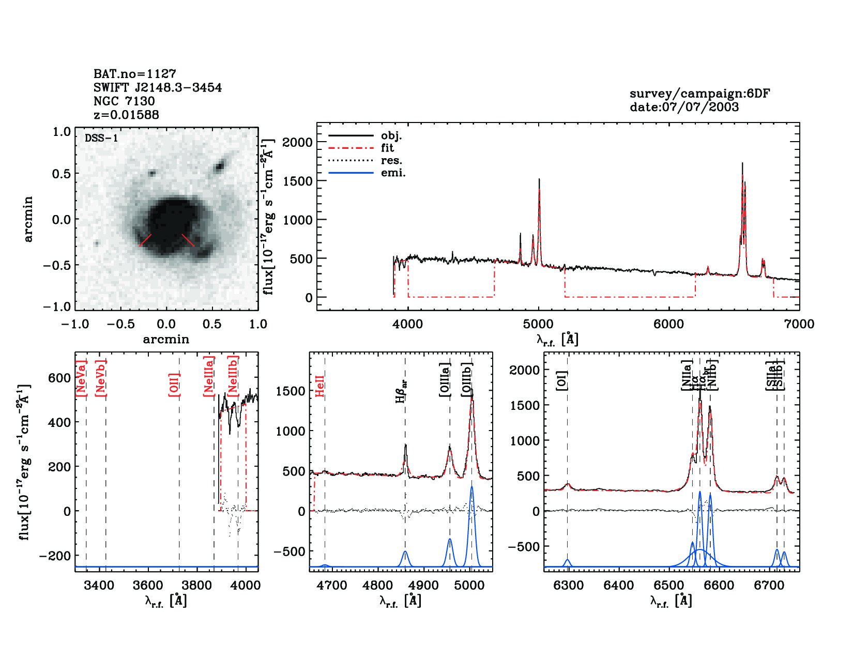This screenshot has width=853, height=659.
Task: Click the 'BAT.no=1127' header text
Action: tap(134, 74)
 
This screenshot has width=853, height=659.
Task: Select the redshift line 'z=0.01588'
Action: tap(126, 115)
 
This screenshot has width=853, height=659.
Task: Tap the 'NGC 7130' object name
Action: tap(124, 101)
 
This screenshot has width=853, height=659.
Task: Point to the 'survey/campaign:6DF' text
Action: tap(699, 94)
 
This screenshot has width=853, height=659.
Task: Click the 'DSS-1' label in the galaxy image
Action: tap(101, 138)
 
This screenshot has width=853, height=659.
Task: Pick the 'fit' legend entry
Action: tap(387, 148)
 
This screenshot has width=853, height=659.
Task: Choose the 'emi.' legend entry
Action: tap(393, 173)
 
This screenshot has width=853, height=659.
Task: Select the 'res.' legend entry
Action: tap(391, 160)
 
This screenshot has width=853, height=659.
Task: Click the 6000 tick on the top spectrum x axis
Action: tap(668, 324)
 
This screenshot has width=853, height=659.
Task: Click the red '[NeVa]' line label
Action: tap(81, 378)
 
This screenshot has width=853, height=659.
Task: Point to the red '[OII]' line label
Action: tap(174, 385)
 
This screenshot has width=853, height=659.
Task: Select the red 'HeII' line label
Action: tap(320, 386)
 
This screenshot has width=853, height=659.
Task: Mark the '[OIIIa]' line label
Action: tap(445, 380)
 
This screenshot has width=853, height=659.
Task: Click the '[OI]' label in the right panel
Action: tap(562, 380)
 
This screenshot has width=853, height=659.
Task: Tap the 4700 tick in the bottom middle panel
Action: tap(331, 586)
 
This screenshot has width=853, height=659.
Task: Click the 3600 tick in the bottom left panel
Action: tap(148, 586)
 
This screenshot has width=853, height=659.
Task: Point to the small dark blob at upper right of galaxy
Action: tap(220, 166)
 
